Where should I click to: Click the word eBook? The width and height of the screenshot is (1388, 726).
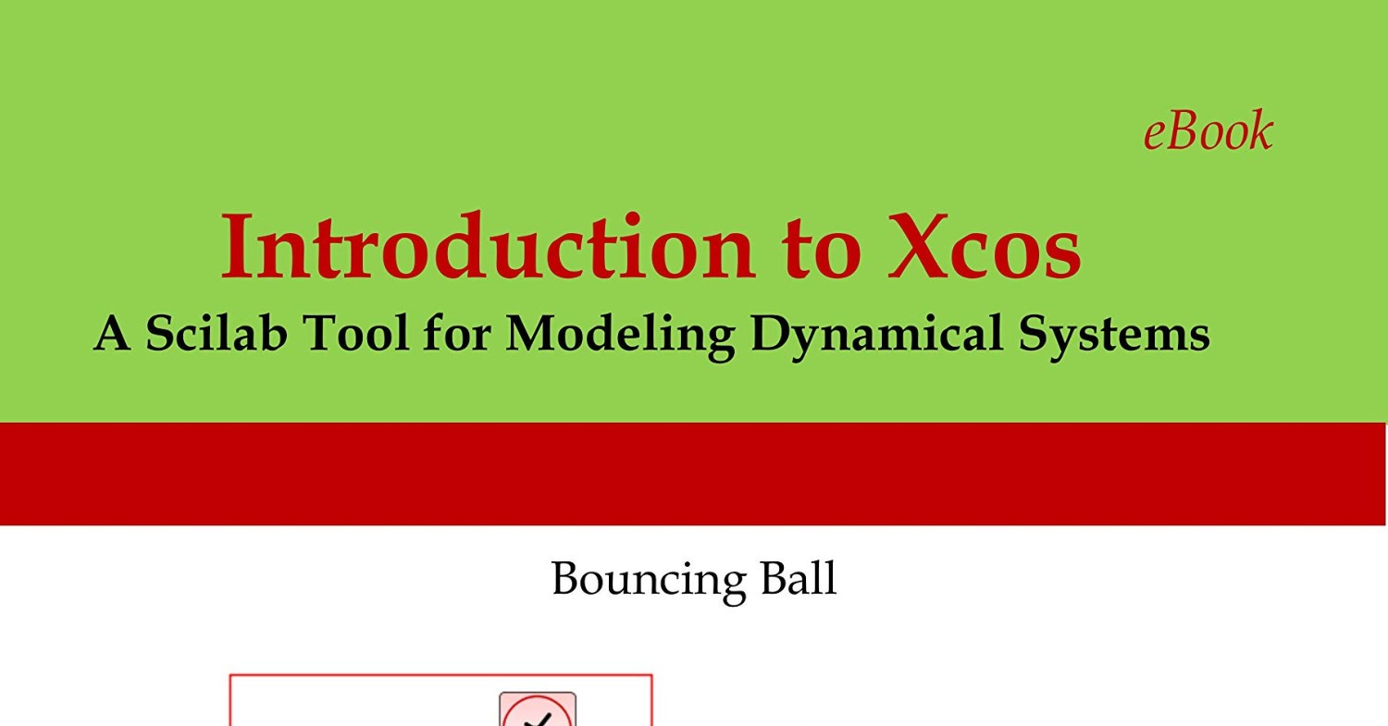coord(1208,131)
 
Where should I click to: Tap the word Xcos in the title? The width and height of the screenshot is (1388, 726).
coord(985,248)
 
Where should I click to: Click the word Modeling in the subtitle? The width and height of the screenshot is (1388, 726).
coord(619,335)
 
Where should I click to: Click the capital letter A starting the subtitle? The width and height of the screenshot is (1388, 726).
coord(112,333)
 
